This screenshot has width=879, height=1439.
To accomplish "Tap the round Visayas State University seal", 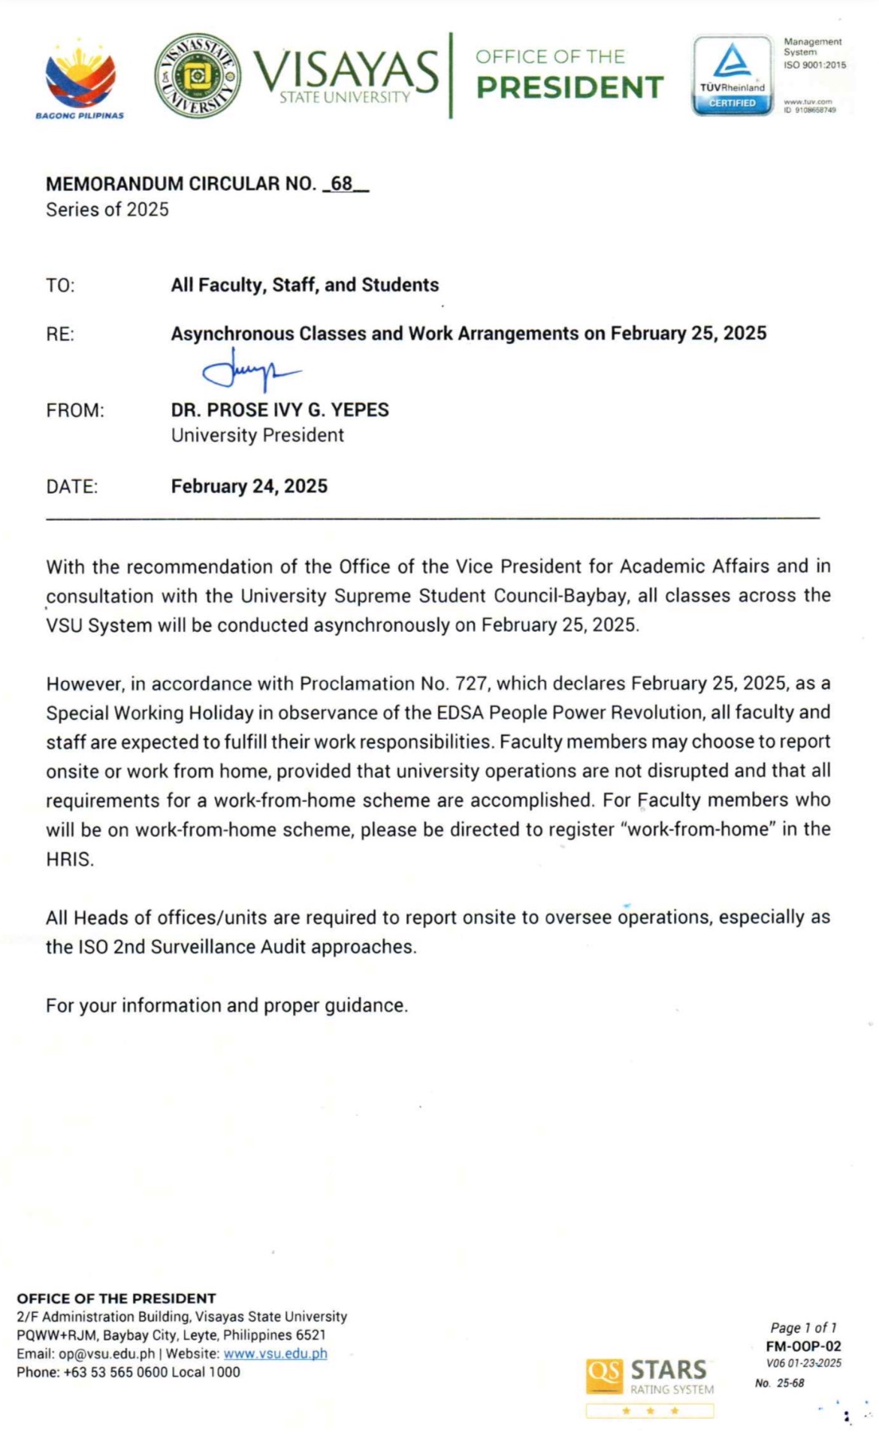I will point(198,75).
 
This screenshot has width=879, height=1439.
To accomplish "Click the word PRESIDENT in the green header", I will point(570,88).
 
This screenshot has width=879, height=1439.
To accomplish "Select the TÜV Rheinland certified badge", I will point(732,75).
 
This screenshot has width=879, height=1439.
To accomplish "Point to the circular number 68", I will point(342,184).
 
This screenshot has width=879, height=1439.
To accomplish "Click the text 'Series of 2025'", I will point(107,210).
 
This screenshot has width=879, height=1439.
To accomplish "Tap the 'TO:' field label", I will point(60,286).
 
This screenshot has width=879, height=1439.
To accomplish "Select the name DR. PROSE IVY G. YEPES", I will point(279,410).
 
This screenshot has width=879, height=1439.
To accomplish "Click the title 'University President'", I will point(257,436).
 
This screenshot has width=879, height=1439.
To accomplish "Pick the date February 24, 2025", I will point(249,487).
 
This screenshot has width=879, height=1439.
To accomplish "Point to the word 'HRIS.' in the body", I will point(70,860).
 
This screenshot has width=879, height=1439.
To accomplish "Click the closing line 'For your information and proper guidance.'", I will point(227,1006).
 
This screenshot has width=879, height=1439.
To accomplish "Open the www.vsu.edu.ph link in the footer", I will point(275,1354).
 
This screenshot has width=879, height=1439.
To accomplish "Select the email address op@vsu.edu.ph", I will point(107,1354).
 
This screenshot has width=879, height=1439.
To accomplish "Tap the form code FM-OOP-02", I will point(803,1347).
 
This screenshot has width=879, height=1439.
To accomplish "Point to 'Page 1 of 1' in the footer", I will point(803,1328).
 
